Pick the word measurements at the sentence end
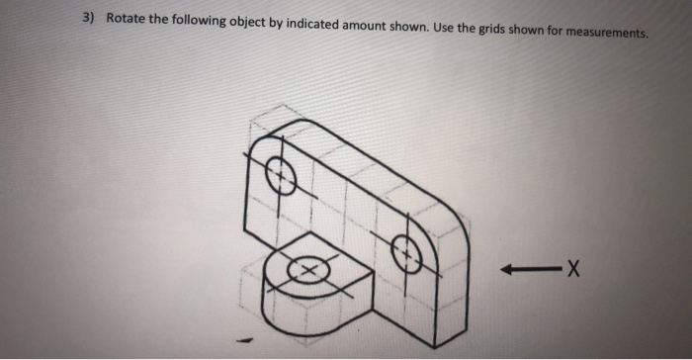(606, 31)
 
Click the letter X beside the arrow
(572, 268)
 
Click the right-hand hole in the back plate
(406, 255)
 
